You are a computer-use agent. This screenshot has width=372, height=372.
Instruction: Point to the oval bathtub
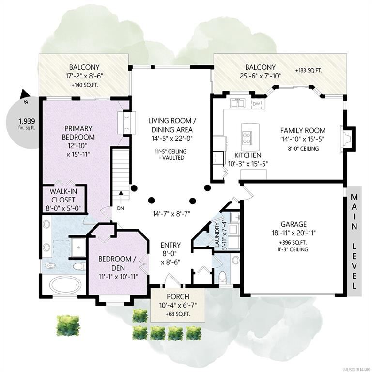click(65, 284)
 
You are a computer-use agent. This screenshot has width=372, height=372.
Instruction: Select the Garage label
click(293, 224)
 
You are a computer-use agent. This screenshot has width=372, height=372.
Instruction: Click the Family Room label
click(303, 130)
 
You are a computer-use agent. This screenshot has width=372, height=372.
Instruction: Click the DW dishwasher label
click(256, 104)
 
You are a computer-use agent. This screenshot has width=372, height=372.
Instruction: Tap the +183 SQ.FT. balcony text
click(308, 71)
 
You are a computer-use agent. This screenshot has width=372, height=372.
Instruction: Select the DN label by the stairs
click(119, 209)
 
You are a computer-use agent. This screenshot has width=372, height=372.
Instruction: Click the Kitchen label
click(248, 155)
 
